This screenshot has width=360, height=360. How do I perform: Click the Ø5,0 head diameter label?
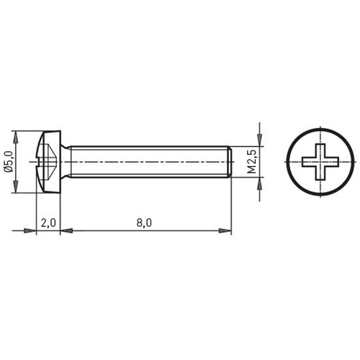(8, 161)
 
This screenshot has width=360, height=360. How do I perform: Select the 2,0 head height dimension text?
(48, 223)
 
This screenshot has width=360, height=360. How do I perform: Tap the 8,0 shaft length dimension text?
(144, 223)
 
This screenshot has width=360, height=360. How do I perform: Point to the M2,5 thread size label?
(252, 161)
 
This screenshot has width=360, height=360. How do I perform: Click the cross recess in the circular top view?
(320, 162)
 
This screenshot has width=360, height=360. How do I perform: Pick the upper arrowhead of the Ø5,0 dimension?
(15, 138)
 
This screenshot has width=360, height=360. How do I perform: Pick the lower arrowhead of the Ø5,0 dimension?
(15, 186)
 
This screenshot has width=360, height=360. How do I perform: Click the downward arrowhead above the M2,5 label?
(259, 140)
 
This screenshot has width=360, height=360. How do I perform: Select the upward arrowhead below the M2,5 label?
(259, 184)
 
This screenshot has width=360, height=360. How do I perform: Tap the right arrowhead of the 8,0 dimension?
(225, 230)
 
